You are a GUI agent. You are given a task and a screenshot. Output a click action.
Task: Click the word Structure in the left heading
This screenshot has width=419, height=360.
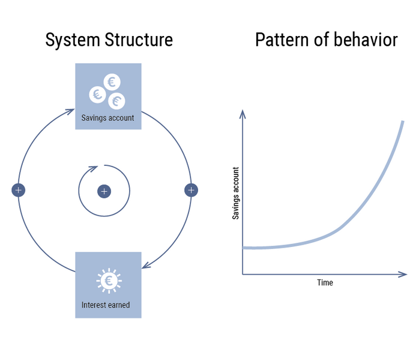click(137, 40)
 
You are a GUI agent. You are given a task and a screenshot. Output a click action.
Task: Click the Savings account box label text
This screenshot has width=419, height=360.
click(108, 118)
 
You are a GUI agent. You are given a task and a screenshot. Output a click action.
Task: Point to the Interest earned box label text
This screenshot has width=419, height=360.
click(106, 305)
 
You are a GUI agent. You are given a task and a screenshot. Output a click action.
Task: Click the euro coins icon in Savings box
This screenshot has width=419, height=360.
click(108, 91)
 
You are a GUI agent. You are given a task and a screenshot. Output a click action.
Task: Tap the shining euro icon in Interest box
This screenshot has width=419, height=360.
click(108, 281)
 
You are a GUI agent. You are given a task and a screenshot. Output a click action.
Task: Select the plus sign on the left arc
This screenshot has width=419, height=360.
click(19, 190)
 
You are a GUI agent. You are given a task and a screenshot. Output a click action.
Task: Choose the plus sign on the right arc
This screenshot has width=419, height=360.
click(191, 190)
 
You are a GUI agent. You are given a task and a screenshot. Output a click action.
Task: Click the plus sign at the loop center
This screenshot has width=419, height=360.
click(104, 191)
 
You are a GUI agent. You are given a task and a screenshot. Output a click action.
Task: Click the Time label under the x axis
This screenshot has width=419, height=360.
click(325, 282)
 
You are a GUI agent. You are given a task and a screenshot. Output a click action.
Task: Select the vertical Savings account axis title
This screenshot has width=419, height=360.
click(236, 192)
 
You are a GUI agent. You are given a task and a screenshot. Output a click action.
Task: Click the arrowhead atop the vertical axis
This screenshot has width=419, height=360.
click(243, 114)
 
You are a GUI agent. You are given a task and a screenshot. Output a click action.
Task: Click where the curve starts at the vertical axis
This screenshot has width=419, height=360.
click(244, 248)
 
